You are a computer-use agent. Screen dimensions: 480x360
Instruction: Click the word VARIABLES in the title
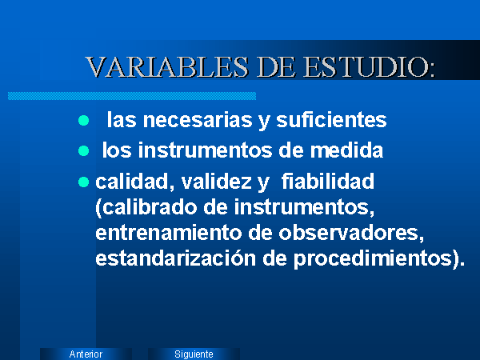[x=167, y=66]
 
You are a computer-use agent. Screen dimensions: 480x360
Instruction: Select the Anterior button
[x=86, y=354]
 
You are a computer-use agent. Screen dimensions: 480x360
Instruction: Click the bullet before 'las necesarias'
[x=83, y=120]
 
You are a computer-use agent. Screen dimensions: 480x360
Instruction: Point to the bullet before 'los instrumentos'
[x=83, y=151]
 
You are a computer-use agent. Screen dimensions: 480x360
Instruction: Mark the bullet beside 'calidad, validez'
[x=83, y=182]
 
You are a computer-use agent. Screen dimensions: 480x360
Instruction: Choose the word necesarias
[x=198, y=120]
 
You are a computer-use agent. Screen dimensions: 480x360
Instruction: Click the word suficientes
[x=331, y=120]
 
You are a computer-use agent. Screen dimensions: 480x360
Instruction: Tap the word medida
[x=346, y=150]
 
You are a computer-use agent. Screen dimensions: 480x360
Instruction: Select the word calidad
[x=132, y=182]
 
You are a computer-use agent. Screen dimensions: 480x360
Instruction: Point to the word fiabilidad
[x=328, y=181]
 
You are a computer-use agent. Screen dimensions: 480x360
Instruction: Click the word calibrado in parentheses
[x=149, y=207]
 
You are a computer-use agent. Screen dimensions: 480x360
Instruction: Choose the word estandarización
[x=175, y=258]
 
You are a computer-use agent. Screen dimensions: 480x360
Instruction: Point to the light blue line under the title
[x=132, y=96]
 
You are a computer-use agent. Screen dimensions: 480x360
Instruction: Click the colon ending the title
[x=432, y=71]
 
